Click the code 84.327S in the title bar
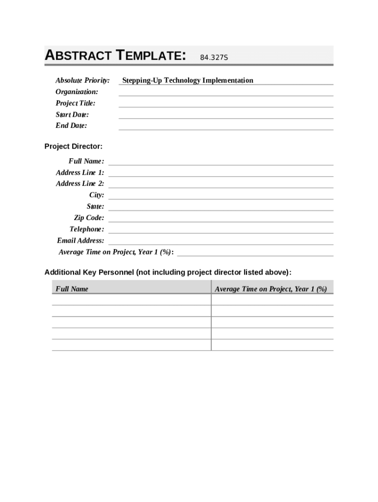(214, 58)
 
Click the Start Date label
(72, 114)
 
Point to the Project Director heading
(74, 146)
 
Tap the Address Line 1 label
(80, 173)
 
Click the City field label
(96, 195)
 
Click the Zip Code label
(89, 218)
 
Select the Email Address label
(81, 240)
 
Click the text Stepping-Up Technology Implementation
(188, 80)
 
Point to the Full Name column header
(72, 289)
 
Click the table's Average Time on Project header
(270, 289)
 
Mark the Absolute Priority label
(82, 80)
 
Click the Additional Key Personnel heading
(168, 272)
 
